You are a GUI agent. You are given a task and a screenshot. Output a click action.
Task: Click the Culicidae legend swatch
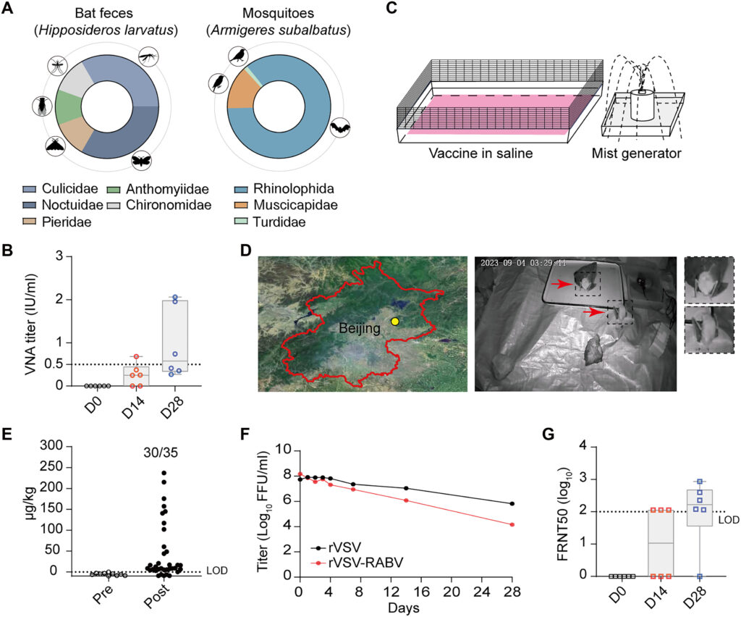click(x=29, y=190)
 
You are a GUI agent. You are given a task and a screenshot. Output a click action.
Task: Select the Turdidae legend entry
click(x=271, y=222)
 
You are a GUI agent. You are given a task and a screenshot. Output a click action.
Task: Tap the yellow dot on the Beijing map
click(x=395, y=322)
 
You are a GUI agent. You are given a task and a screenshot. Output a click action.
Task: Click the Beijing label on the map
click(x=359, y=328)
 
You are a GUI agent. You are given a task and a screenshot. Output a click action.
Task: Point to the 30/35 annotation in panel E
click(x=161, y=453)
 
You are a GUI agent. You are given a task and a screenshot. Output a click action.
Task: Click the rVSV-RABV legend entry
click(x=357, y=563)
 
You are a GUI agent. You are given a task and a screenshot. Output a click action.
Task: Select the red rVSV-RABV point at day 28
click(x=512, y=524)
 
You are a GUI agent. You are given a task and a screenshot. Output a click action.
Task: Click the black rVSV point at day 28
click(x=512, y=503)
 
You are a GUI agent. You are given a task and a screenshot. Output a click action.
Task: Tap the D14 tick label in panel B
click(x=133, y=407)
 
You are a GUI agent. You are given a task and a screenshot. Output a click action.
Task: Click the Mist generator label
click(x=636, y=154)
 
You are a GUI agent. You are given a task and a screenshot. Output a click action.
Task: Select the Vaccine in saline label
click(x=480, y=154)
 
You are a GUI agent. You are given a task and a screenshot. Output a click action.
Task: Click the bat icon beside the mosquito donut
click(x=340, y=127)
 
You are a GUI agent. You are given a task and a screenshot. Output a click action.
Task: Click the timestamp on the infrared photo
click(x=523, y=263)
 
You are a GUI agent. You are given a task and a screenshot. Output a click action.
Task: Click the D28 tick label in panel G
click(x=694, y=597)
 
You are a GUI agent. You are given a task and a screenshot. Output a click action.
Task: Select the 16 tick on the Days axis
click(x=422, y=592)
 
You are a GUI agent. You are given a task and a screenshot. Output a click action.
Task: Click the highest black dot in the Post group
click(x=164, y=472)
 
